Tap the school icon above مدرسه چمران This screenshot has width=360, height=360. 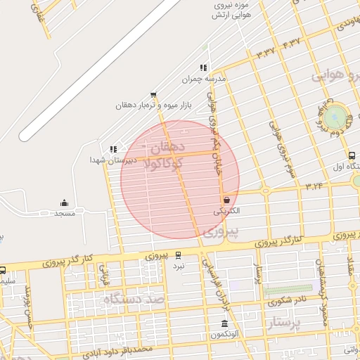pos(203,68)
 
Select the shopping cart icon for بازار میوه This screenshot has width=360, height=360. pos(153,95)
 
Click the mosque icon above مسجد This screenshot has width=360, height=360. pos(64,202)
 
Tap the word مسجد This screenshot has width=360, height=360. pos(64,212)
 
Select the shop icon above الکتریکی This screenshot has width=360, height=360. pos(226,200)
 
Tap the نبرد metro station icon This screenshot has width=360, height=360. pos(179,256)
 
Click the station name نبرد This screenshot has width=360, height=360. pos(179,266)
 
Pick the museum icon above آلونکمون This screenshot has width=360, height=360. pos(224,324)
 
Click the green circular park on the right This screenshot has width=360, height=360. pos(335,117)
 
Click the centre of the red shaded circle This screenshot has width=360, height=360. pos(180,179)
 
